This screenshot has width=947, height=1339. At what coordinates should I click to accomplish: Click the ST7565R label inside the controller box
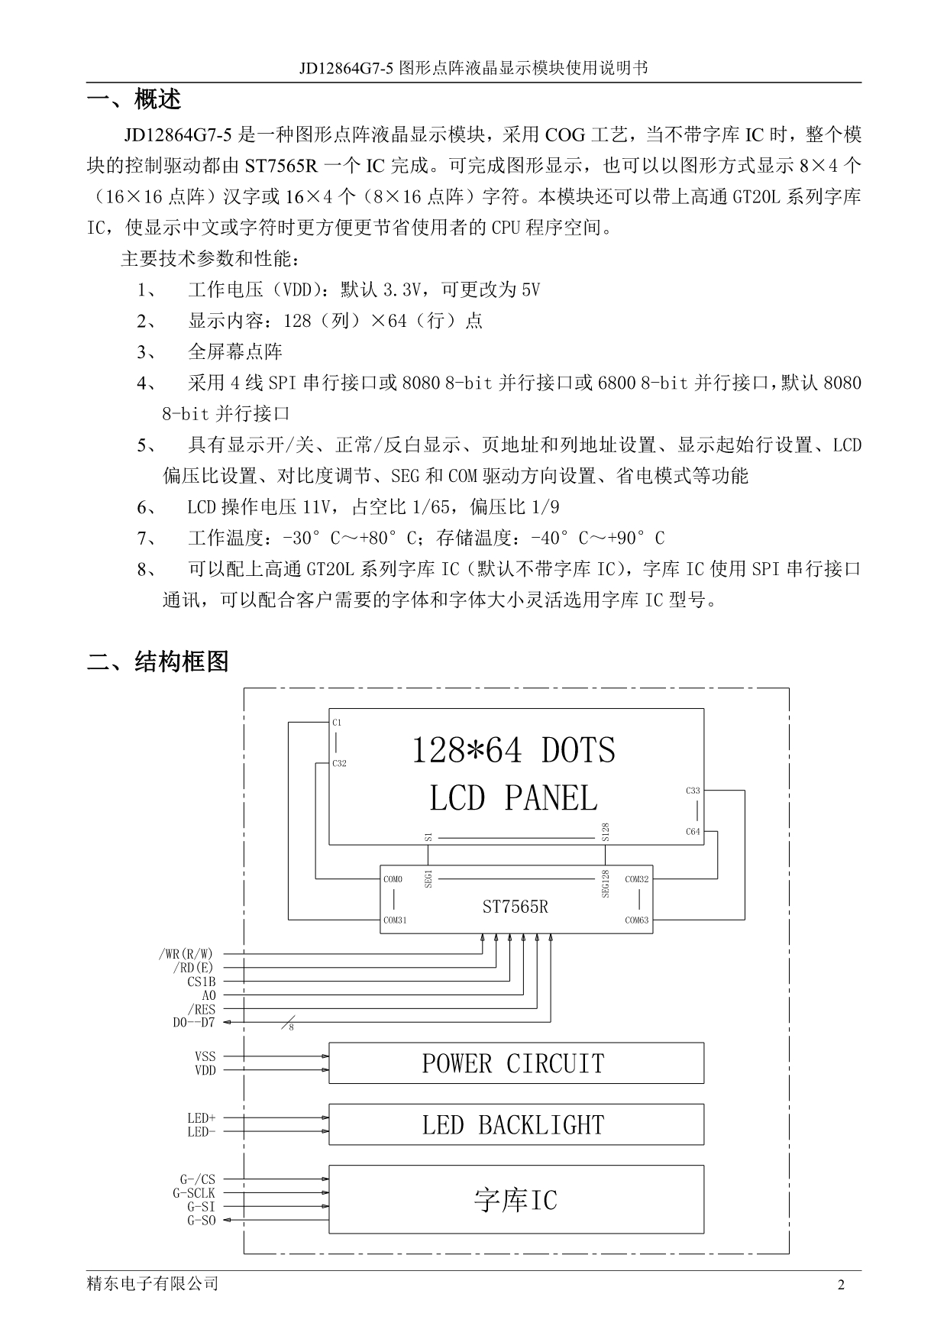[515, 907]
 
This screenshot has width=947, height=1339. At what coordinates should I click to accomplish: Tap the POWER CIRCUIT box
[516, 1062]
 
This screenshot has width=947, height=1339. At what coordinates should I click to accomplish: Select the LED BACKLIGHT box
[516, 1124]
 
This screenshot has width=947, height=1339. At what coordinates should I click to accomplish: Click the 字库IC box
[516, 1199]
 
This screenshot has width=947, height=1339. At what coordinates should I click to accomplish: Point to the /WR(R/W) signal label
[186, 954]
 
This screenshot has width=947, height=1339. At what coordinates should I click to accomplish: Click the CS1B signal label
[202, 982]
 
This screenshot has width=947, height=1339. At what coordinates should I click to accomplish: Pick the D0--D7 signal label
[194, 1023]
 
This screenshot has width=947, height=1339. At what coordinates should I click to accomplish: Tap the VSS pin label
[205, 1056]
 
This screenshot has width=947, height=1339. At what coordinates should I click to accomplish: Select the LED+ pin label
[202, 1118]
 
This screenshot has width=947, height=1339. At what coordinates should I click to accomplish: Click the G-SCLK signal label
[194, 1193]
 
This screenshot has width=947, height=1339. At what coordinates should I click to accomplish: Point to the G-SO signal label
[202, 1221]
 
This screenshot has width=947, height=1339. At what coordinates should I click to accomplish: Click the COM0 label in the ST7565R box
[393, 879]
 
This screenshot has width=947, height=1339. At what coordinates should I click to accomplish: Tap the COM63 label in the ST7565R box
[637, 920]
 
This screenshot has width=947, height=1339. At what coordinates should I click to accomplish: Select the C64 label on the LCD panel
[693, 832]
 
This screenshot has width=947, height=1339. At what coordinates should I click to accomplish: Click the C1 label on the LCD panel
[337, 722]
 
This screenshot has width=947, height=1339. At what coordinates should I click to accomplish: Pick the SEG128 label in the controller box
[606, 884]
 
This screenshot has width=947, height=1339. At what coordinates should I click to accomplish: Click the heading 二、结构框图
[158, 661]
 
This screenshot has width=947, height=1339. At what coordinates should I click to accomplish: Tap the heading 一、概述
[134, 99]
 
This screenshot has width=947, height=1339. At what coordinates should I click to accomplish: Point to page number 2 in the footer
[842, 1285]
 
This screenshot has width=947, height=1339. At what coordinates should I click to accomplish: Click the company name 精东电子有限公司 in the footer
[153, 1284]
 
